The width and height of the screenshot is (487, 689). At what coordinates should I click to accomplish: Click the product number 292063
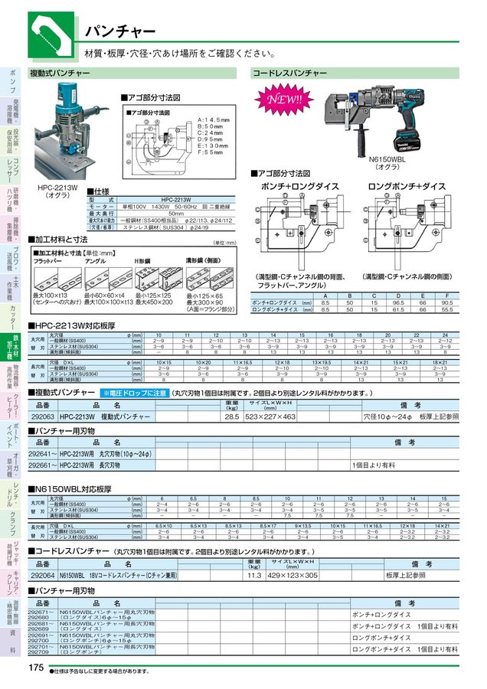point(41,416)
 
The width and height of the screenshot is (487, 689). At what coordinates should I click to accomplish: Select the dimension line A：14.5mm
point(213,120)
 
